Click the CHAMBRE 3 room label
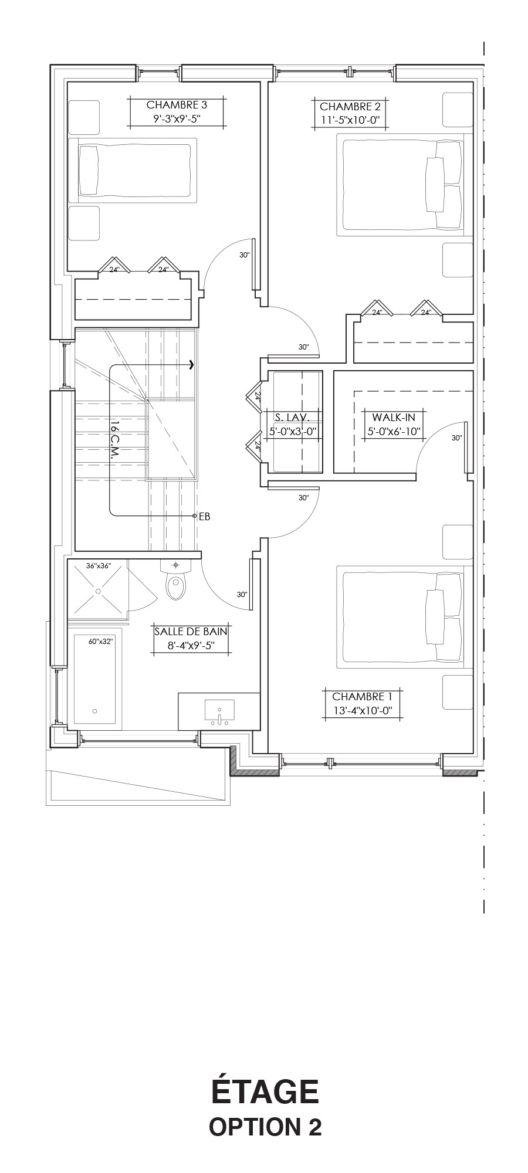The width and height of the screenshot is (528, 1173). point(177,105)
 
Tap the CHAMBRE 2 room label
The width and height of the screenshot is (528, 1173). point(350,107)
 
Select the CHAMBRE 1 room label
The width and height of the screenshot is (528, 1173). point(362,696)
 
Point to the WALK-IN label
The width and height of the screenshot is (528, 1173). point(394,417)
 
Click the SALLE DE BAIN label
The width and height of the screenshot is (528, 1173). point(191,632)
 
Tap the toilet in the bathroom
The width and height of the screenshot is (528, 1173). point(175,581)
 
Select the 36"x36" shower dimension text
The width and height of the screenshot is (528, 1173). point(99,566)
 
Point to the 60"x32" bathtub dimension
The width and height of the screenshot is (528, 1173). point(101,642)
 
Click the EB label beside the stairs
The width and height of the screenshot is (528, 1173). point(205,517)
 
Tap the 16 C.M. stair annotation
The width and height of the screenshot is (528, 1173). point(115,440)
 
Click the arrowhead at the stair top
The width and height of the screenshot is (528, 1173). point(192,365)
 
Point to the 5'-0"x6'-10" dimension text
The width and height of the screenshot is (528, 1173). point(394,432)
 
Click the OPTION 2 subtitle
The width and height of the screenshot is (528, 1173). point(265,1127)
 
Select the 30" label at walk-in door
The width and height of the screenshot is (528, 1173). point(457,438)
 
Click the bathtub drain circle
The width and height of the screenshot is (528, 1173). point(95,711)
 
